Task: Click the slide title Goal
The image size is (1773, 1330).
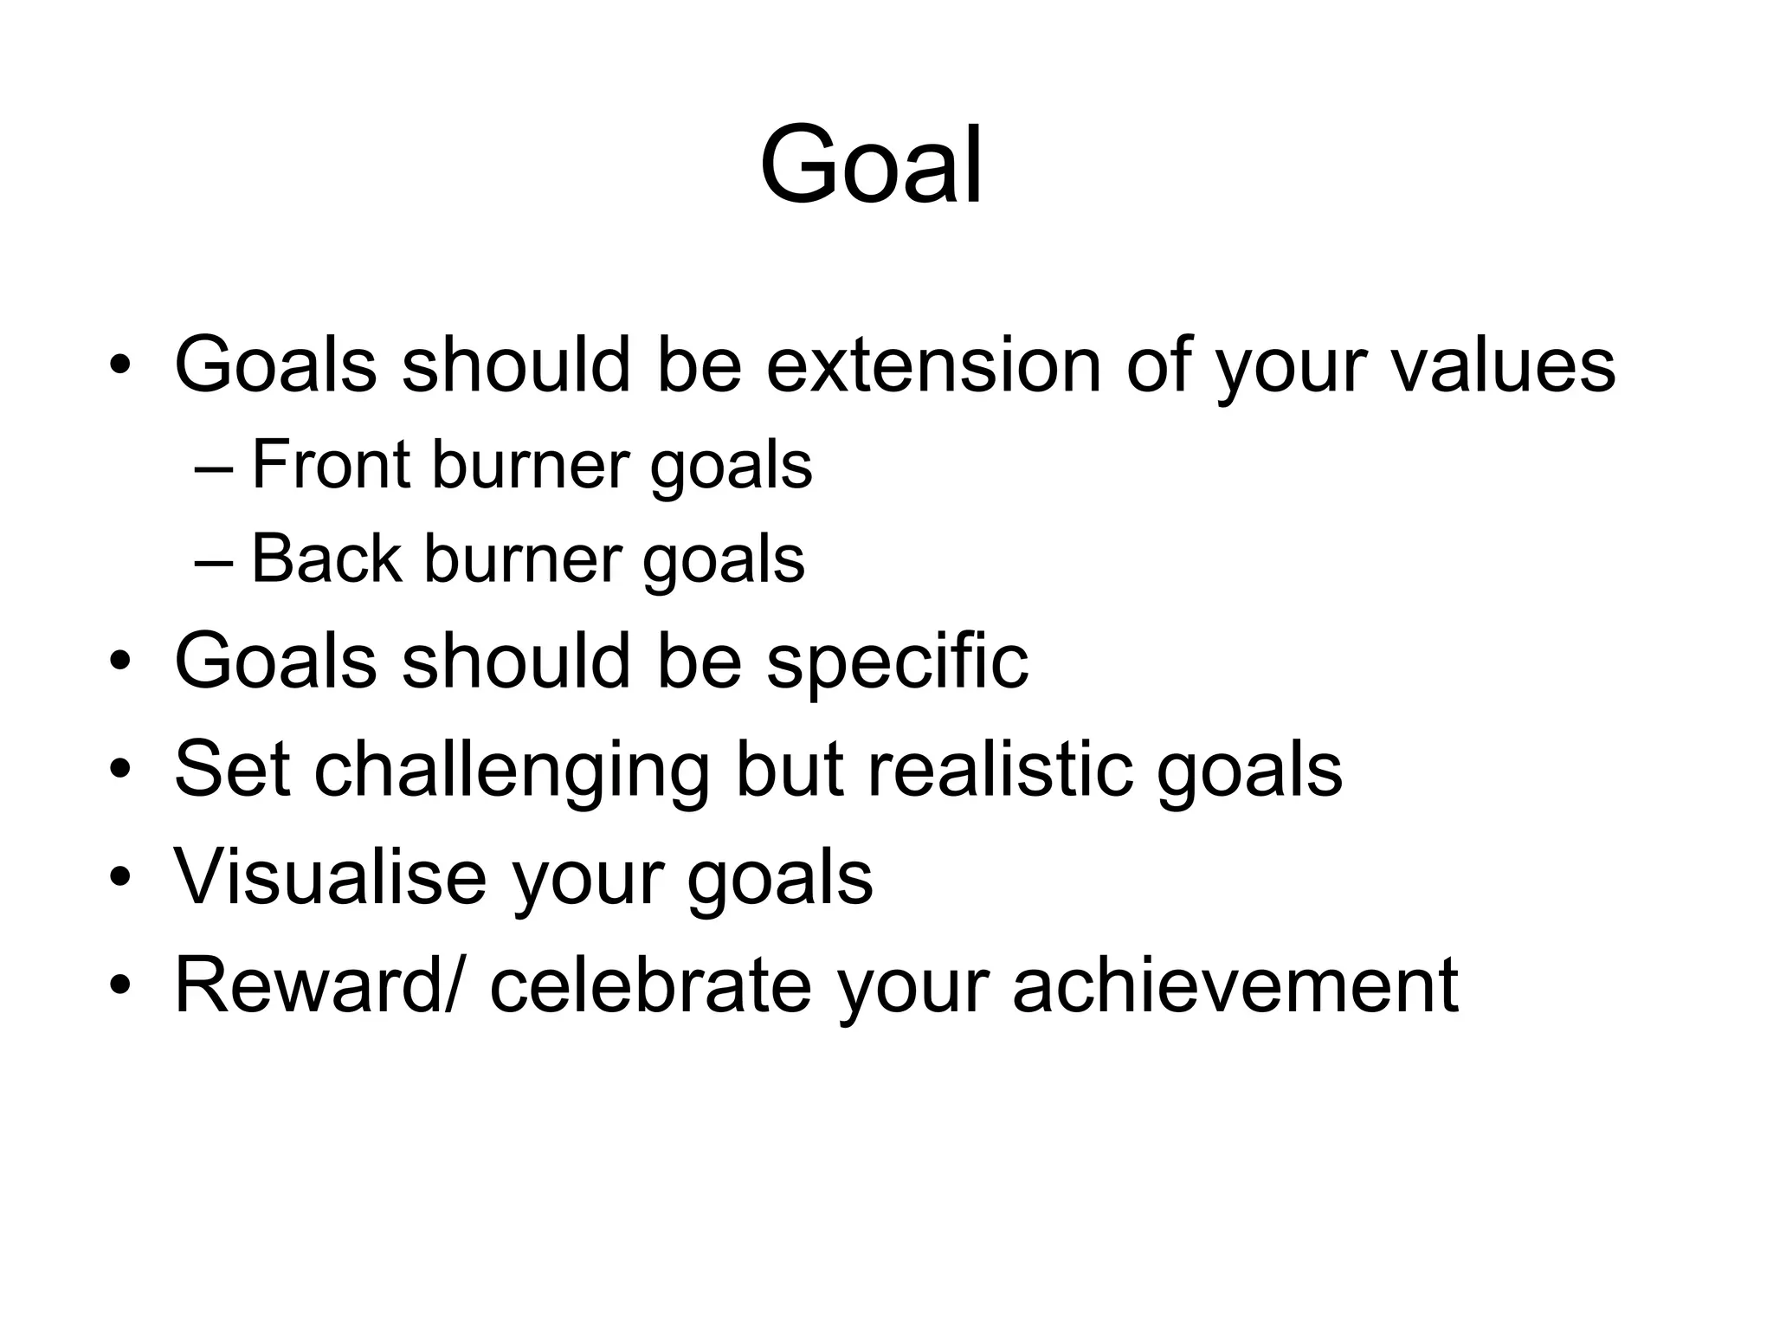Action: click(x=871, y=165)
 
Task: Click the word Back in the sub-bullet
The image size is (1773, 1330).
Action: click(x=326, y=558)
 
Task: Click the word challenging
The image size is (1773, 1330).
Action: click(x=511, y=771)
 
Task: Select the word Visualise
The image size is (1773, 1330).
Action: click(x=330, y=876)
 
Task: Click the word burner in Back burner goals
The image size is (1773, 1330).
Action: click(x=523, y=558)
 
